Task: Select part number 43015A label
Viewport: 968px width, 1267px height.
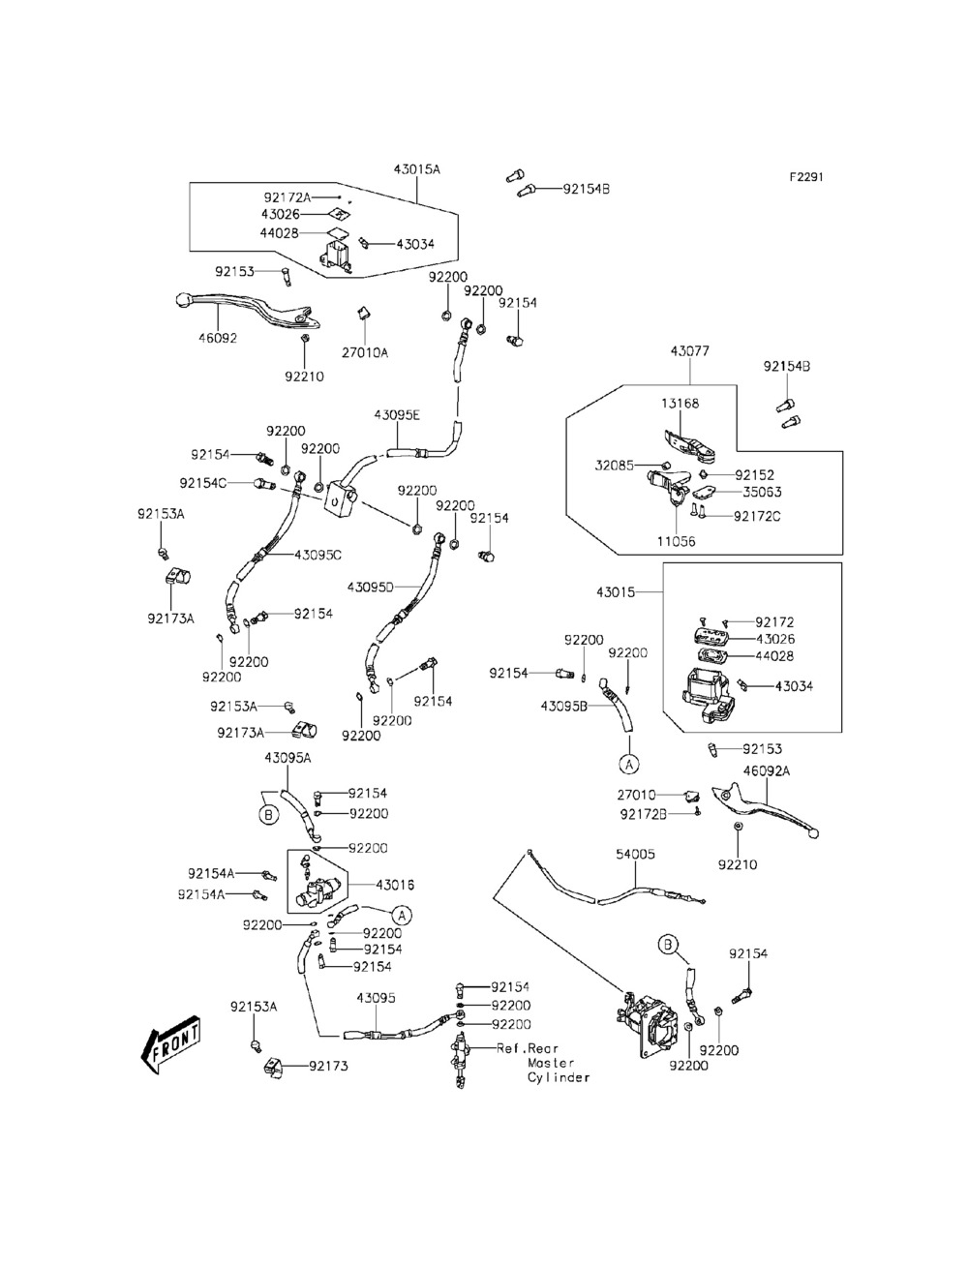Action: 416,169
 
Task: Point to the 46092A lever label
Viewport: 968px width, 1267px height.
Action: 766,771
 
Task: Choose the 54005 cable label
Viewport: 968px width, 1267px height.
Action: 635,855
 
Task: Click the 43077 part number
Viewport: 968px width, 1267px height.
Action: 689,352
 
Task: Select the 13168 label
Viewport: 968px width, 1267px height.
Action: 681,404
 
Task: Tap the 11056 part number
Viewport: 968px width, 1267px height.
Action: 676,542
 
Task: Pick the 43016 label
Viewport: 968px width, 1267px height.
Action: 395,885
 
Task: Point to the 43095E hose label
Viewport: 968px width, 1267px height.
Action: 397,415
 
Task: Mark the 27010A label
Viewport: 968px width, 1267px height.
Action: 365,352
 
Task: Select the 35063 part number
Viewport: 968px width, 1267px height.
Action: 762,492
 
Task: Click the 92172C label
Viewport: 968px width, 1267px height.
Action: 757,516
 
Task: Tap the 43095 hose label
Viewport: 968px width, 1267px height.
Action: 376,998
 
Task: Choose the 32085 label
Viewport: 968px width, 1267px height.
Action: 615,466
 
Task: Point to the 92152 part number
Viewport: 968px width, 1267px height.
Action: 754,475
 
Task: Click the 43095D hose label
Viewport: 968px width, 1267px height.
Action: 370,587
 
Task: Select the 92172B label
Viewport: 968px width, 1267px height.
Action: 644,814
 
